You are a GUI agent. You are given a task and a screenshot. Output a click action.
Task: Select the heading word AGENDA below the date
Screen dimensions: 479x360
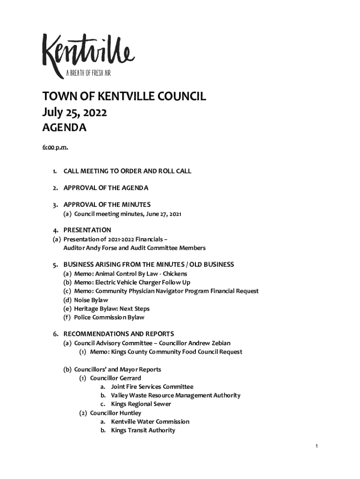[x=65, y=128]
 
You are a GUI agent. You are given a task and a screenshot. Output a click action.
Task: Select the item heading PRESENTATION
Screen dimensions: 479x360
[x=87, y=230]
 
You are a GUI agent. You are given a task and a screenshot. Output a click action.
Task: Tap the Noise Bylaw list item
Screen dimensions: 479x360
[x=91, y=300]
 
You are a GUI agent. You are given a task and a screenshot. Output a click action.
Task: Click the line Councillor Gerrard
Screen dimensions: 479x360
[x=115, y=378]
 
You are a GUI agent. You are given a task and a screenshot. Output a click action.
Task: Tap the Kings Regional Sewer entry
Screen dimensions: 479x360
[x=141, y=404]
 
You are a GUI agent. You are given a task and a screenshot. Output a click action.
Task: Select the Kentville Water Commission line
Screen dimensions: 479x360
[x=150, y=421]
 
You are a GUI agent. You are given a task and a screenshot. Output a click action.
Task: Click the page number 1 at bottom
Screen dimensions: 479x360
[x=317, y=446]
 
